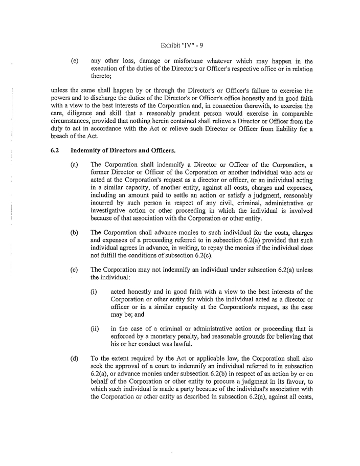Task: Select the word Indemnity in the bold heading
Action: [86, 150]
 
